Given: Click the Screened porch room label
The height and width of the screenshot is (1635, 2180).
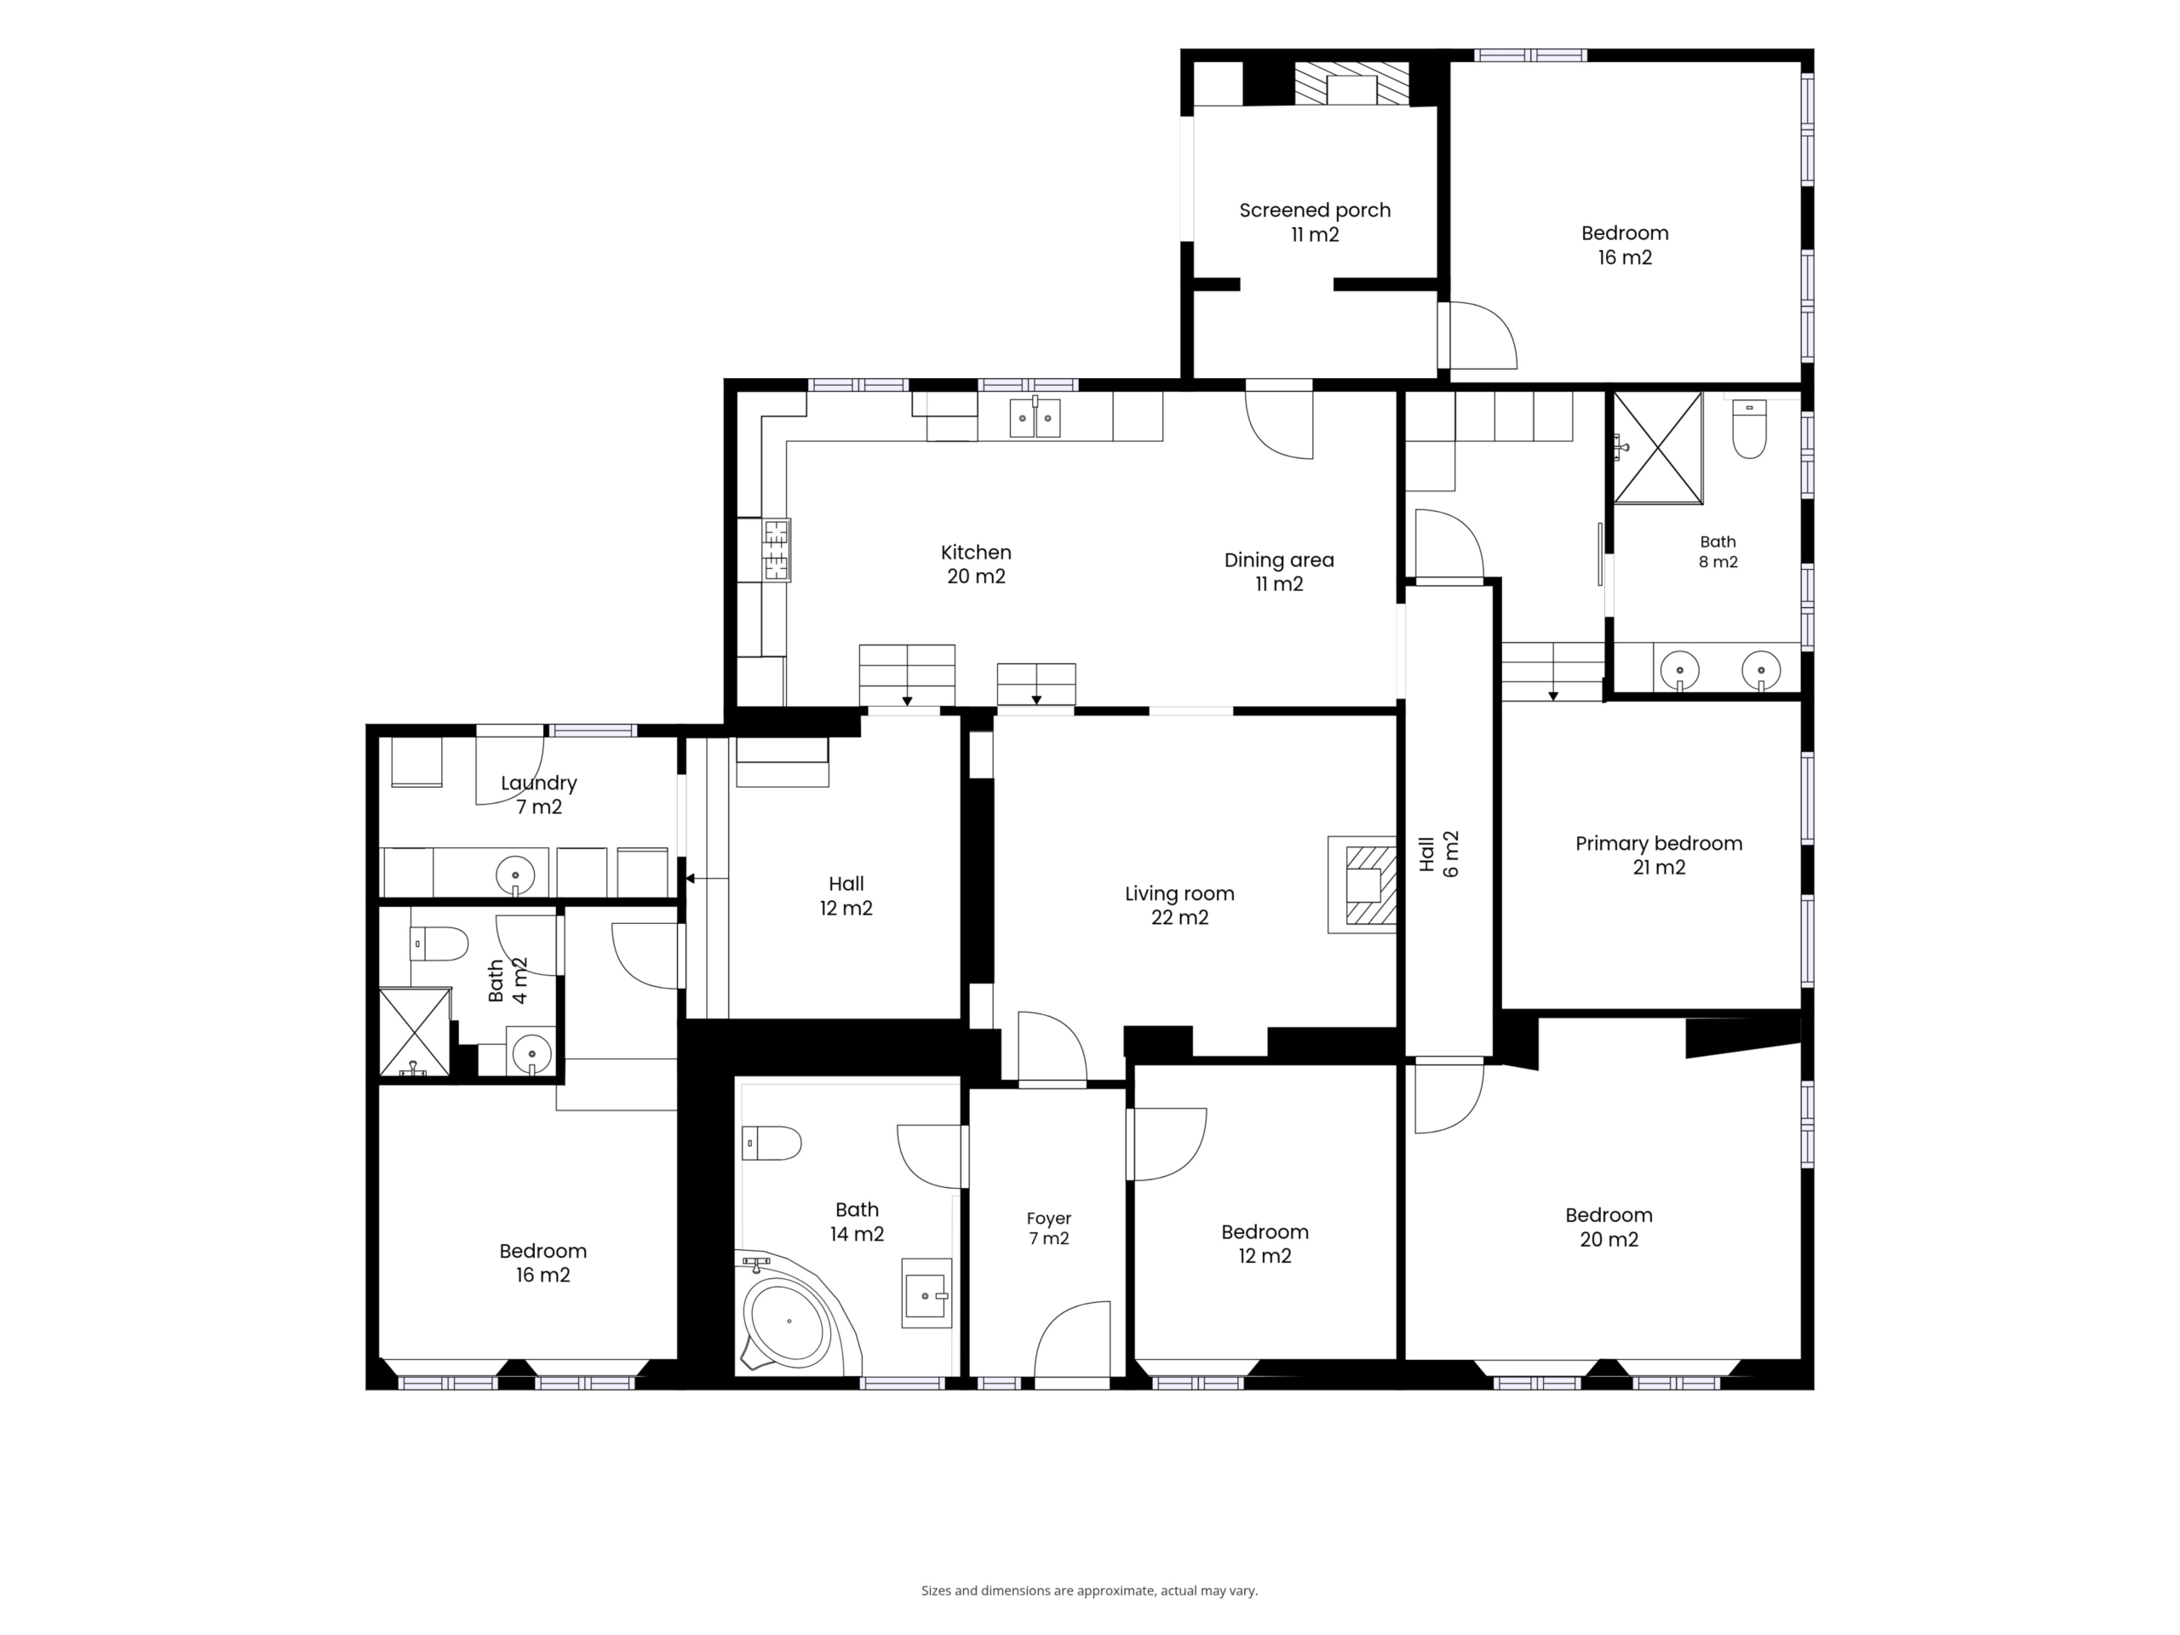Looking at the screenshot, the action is click(1315, 221).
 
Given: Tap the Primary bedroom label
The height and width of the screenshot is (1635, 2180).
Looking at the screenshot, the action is click(1659, 854).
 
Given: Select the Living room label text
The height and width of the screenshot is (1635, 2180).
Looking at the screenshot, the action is click(1179, 904).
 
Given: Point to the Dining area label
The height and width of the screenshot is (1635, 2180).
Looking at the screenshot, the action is click(1279, 571).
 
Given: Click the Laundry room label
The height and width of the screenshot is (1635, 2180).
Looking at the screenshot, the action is click(538, 795).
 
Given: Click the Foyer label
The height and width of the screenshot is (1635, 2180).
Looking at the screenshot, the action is click(1048, 1228).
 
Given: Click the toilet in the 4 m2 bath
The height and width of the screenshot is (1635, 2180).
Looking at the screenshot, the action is click(439, 944).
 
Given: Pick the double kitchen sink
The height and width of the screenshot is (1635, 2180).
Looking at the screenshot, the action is click(1035, 417).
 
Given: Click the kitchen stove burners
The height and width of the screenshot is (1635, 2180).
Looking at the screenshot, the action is click(777, 550).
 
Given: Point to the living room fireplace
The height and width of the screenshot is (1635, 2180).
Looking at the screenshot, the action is click(1363, 885).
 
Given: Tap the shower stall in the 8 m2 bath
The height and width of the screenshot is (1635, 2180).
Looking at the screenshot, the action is click(1659, 447).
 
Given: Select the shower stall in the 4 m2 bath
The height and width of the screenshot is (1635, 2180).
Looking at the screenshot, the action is click(415, 1032).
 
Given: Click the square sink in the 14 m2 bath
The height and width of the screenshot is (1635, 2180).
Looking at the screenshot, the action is click(927, 1293).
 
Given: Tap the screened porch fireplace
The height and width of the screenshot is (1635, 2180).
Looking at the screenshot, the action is click(1351, 85).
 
